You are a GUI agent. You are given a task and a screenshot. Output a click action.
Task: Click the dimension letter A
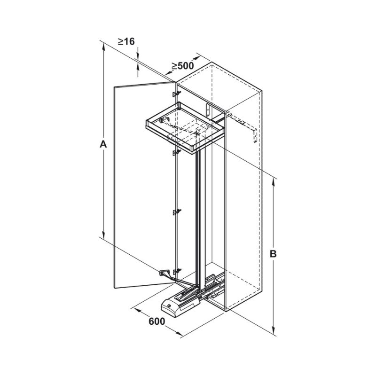[x=103, y=144]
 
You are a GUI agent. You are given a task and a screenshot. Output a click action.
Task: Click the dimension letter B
[x=273, y=254]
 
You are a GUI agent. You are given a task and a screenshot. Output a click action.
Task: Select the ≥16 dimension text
[x=126, y=41]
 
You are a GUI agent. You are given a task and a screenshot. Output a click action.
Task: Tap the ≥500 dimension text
[x=182, y=66]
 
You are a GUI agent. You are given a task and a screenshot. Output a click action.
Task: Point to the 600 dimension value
[x=157, y=321]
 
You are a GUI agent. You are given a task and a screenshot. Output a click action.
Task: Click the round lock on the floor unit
[x=170, y=306]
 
